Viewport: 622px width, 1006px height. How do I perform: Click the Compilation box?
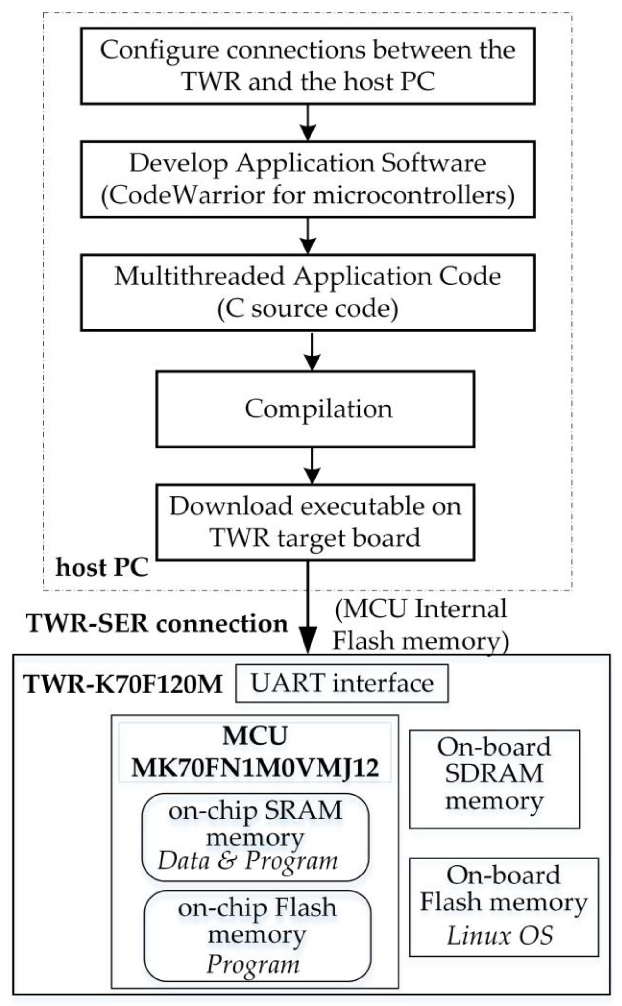(315, 409)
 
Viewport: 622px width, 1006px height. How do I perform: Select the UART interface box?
(342, 684)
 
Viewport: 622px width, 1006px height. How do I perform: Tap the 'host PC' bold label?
(102, 568)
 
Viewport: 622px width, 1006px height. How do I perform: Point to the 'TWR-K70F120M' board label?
(122, 684)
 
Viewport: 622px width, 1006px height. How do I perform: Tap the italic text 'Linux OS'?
(500, 936)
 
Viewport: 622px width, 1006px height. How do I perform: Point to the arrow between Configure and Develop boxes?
(308, 123)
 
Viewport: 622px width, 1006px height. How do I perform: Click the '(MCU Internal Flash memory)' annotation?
(421, 625)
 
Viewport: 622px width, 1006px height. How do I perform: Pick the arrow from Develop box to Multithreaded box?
(308, 236)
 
